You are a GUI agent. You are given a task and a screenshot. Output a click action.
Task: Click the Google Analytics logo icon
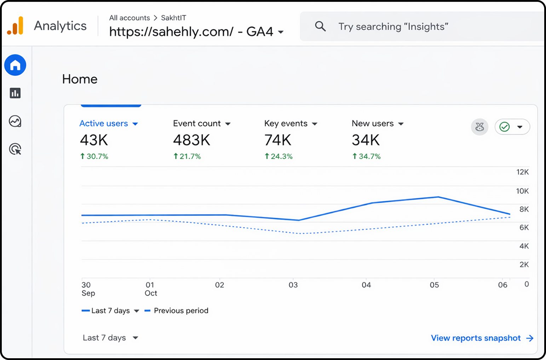[x=15, y=26]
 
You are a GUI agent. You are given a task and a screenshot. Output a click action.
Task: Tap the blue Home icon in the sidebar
[x=15, y=65]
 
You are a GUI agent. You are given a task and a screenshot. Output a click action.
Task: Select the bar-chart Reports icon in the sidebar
[x=15, y=93]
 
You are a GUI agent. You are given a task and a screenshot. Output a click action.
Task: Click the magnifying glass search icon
[x=320, y=26]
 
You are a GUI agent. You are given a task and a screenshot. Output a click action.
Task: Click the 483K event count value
[x=191, y=140]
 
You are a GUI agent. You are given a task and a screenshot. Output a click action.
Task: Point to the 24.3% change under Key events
[x=279, y=156]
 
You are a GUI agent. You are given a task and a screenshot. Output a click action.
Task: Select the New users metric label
[x=373, y=123]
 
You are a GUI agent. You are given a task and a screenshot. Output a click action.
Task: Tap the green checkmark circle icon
[x=505, y=127]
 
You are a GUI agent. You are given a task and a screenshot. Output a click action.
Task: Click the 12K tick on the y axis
[x=522, y=172]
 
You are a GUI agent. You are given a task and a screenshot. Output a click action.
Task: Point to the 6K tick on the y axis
[x=524, y=227]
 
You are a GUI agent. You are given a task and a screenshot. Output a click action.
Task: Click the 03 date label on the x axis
[x=293, y=285]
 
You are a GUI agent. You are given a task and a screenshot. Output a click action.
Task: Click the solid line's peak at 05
[x=438, y=197]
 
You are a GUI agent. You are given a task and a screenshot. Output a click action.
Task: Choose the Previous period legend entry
[x=181, y=310]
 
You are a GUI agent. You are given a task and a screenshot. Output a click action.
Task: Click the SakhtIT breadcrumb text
[x=173, y=18]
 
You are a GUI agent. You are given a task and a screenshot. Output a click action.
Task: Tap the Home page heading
[x=80, y=79]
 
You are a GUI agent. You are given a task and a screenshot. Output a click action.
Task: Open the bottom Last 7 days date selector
[x=110, y=338]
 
